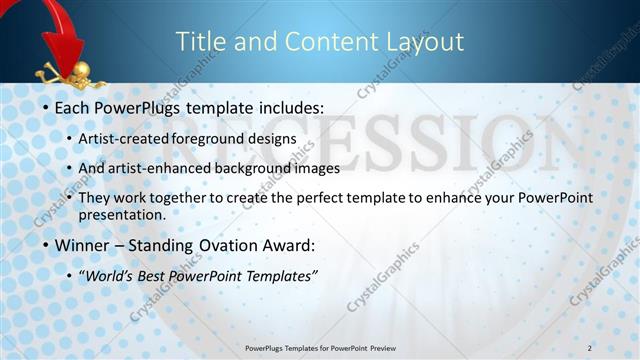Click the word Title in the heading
click(x=199, y=41)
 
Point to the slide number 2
click(x=589, y=348)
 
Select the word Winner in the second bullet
click(x=82, y=243)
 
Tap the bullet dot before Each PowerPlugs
click(x=45, y=107)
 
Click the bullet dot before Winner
click(x=45, y=244)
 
